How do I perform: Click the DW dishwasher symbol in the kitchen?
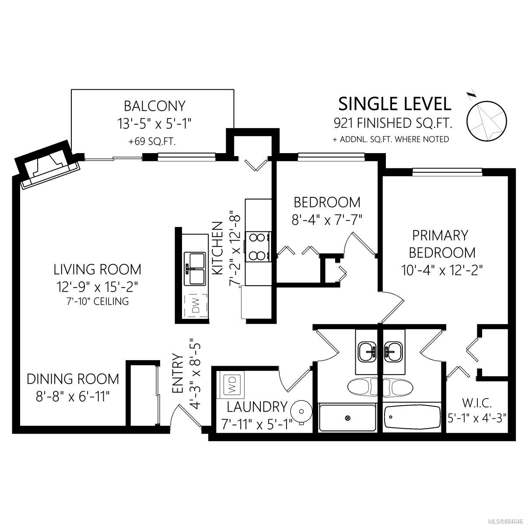(x=196, y=306)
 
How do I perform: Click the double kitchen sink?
(x=195, y=269)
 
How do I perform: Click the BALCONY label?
(x=155, y=106)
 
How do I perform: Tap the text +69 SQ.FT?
(x=152, y=142)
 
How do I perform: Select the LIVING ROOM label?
(x=98, y=269)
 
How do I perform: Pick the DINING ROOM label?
(x=73, y=379)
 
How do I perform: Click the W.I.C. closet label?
(x=477, y=403)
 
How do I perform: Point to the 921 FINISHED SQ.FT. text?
(x=393, y=123)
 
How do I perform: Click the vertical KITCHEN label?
(x=217, y=248)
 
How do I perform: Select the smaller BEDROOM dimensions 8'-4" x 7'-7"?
(x=327, y=220)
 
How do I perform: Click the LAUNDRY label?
(x=257, y=407)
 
